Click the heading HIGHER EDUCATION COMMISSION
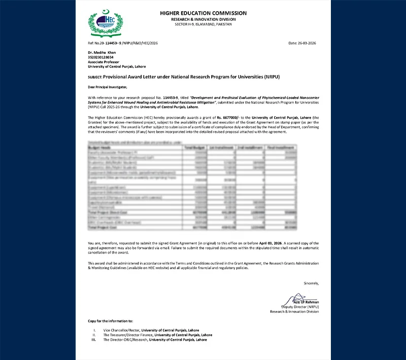[x=203, y=13]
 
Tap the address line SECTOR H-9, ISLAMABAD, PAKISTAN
[x=203, y=24]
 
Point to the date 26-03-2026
[x=303, y=44]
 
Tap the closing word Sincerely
[x=311, y=283]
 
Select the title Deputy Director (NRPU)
[x=300, y=307]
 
